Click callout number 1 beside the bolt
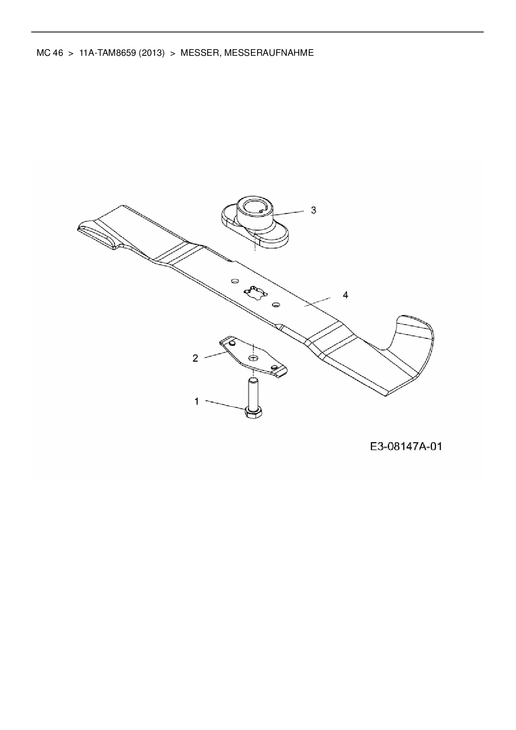(x=197, y=401)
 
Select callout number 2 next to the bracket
(x=196, y=358)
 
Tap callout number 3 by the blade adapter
(x=313, y=210)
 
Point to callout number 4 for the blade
(x=345, y=295)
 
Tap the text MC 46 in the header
(x=50, y=53)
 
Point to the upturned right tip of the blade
(x=416, y=329)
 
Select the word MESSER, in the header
(x=198, y=53)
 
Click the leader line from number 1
(x=225, y=405)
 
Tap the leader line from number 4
(x=317, y=302)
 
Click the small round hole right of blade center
(x=275, y=305)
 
